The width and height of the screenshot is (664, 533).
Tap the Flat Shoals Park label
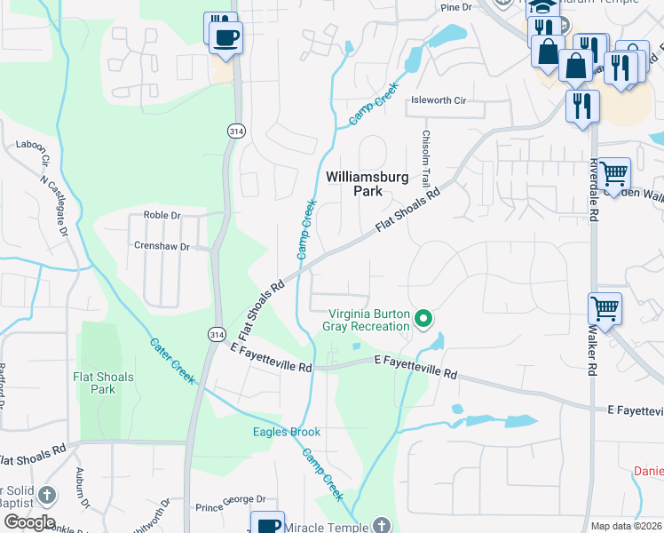tap(103, 383)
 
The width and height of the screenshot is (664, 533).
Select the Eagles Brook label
tap(287, 433)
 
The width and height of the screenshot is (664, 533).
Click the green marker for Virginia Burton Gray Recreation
tap(424, 317)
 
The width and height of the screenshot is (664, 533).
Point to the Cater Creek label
tap(172, 361)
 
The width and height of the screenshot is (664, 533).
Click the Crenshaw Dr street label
tap(162, 246)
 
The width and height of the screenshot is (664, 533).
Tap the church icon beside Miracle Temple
tap(381, 525)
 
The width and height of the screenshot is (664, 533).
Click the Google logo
tap(29, 522)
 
